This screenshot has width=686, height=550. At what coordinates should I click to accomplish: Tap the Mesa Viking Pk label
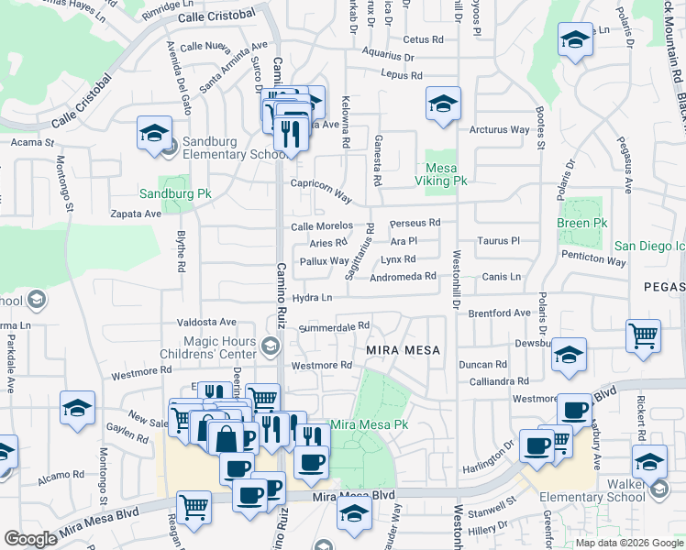point(447,174)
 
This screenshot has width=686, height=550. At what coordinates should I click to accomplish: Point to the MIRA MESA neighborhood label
point(404,350)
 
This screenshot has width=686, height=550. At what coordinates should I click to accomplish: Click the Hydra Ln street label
point(312,298)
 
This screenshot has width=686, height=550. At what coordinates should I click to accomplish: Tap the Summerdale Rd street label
point(334,325)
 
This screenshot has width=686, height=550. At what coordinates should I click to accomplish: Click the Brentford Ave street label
point(500,313)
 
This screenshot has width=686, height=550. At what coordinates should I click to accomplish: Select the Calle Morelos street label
point(322,225)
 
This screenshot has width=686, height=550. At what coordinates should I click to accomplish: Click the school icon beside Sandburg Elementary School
point(154,133)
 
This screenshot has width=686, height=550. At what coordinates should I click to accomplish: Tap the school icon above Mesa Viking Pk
point(443,103)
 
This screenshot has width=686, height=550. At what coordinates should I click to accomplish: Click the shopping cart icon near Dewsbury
point(643,335)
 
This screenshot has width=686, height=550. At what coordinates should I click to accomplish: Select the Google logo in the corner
point(31,539)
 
